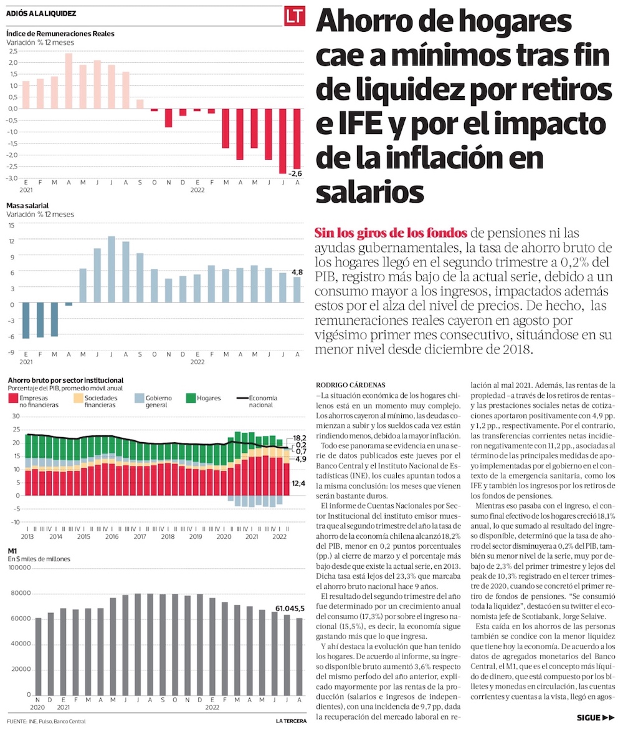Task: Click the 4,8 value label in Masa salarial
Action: click(297, 272)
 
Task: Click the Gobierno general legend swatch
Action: click(140, 398)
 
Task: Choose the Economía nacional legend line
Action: click(242, 398)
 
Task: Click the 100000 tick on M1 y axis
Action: click(19, 568)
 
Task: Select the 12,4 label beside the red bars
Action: click(298, 483)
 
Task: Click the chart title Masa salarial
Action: click(27, 205)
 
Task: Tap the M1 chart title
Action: click(11, 551)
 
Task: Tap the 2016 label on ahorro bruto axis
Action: click(112, 536)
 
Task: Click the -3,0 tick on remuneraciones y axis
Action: click(12, 178)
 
